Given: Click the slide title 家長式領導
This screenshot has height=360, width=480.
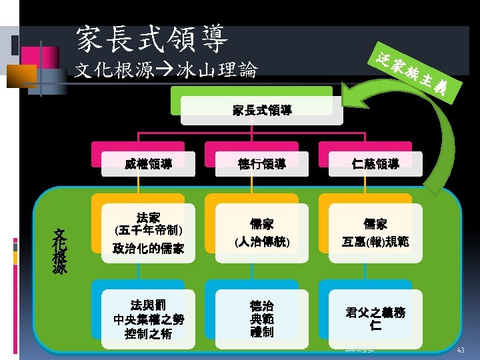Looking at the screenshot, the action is click(x=153, y=39).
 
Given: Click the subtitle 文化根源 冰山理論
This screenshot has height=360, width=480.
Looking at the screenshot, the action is click(x=166, y=70).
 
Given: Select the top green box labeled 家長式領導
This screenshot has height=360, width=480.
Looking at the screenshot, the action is click(x=262, y=110).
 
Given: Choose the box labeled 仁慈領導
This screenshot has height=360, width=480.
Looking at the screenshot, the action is click(x=375, y=163).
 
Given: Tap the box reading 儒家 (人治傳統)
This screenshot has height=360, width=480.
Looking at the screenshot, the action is click(x=261, y=233).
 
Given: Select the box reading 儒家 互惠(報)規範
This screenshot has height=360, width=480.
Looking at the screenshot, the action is click(x=375, y=233).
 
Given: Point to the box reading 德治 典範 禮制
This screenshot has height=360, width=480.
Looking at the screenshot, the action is click(x=261, y=319).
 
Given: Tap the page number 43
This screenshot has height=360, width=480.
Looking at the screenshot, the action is click(x=460, y=351).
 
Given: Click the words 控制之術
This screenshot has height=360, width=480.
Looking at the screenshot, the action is click(x=148, y=333).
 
